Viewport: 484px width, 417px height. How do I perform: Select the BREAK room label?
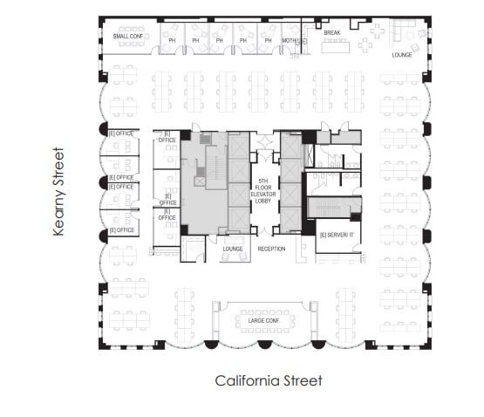coord(332,32)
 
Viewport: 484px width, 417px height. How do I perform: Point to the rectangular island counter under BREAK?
coord(334,46)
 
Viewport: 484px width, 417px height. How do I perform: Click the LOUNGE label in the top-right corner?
coord(402,55)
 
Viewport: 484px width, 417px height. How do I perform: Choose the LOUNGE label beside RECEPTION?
coord(232,249)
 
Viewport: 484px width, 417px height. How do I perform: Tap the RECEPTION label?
coord(271,249)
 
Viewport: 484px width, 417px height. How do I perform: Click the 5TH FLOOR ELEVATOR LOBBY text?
coord(264,193)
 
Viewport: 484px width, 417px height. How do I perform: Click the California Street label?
coord(269,380)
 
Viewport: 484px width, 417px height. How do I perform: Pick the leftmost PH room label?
coord(173,40)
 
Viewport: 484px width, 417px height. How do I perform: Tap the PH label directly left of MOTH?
coord(265,40)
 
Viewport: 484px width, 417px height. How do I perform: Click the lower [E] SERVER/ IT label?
coord(336,236)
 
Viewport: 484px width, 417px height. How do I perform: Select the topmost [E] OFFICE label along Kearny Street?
coord(121,133)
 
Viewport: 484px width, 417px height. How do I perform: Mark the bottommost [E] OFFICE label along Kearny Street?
coord(121,230)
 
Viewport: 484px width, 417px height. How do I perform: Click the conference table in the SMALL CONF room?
coord(133,29)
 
